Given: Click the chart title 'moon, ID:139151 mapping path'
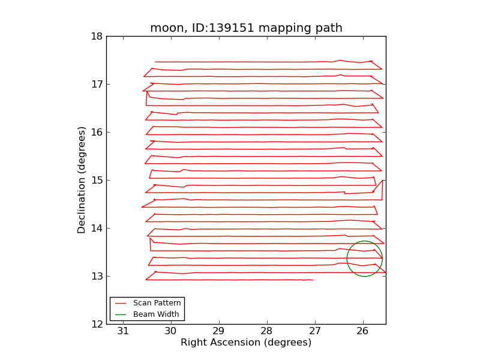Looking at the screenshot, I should point(246,28).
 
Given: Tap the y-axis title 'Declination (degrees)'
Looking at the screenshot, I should point(82,180).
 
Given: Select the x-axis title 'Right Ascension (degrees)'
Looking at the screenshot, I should point(246,343).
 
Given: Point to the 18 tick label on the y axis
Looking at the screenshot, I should point(96,36).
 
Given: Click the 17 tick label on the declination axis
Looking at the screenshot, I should point(96,84).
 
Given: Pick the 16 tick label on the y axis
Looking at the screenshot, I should point(96,132).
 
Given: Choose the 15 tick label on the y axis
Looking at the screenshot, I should point(96,180).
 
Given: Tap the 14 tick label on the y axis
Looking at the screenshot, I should point(96,228).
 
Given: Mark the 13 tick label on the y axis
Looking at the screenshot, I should point(96,276).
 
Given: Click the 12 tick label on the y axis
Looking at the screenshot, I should point(96,324).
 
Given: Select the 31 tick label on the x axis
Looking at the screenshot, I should point(123,331).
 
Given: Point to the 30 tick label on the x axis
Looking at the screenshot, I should point(170,331).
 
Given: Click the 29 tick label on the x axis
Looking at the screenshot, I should point(218,331).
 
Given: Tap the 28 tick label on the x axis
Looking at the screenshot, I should point(266,331).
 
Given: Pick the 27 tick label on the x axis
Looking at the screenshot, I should point(315,331).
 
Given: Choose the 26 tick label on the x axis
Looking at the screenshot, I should point(363,331).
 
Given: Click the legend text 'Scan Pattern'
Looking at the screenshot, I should point(157,303).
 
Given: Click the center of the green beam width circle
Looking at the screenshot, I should point(364,259).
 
